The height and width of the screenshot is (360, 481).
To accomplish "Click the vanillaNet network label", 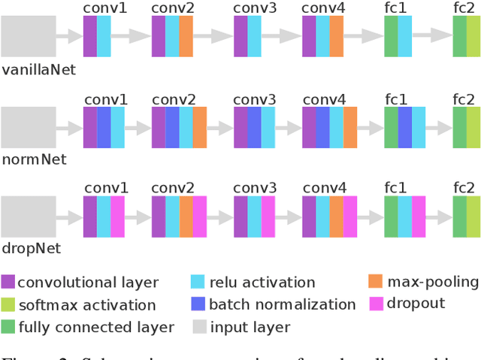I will [x=38, y=70].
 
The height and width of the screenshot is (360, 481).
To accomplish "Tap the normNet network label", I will [x=34, y=159].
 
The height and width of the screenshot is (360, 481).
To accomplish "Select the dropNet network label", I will [x=31, y=248].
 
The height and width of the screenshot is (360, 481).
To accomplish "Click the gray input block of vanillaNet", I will [x=28, y=36].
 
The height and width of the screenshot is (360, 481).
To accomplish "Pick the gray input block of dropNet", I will [x=28, y=216].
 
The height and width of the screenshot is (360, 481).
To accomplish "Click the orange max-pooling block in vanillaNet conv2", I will [x=186, y=36].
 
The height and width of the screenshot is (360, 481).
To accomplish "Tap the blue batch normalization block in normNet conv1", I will [x=104, y=126].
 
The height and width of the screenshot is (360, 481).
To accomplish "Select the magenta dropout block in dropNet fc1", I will [x=419, y=216].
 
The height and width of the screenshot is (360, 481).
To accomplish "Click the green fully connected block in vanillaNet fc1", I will [x=391, y=36].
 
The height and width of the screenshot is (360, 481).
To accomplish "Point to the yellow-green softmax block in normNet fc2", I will [x=473, y=126].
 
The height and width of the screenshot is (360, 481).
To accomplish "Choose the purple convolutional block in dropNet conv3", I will [x=240, y=216].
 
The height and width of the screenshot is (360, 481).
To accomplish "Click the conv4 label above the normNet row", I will [x=324, y=99].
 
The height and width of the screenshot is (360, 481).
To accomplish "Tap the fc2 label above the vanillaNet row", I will [x=464, y=9].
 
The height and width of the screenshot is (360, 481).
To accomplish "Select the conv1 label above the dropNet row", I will [x=106, y=188].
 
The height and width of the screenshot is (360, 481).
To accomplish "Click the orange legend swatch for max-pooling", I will [x=376, y=282].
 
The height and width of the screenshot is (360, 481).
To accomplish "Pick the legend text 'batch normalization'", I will [x=283, y=304].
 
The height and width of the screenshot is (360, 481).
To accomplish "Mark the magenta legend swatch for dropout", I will [x=376, y=304].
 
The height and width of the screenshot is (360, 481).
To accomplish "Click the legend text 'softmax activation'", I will [x=86, y=305].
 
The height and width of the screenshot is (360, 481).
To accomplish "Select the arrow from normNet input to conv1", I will [x=69, y=126].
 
